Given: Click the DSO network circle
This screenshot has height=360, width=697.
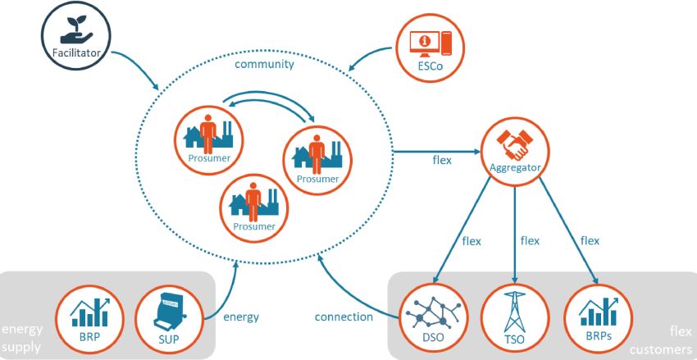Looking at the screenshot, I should point(432,317).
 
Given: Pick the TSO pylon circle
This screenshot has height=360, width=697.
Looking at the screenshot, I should point(515,317).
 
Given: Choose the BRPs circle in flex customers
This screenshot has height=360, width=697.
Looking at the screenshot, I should point(596,317).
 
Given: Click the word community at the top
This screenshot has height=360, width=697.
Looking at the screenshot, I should point(264,65).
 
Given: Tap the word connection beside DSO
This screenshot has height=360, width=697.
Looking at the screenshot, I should point(344,317).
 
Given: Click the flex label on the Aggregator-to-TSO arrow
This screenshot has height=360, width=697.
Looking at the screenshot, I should point(531,241).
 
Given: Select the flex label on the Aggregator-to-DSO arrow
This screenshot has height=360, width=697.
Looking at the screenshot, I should point(471,241).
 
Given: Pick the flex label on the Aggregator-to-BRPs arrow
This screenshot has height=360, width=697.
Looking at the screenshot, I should point(590,241).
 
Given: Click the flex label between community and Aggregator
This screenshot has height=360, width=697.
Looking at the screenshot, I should point(442,160).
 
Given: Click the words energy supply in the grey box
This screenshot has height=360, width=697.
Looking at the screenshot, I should point(22,338).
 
